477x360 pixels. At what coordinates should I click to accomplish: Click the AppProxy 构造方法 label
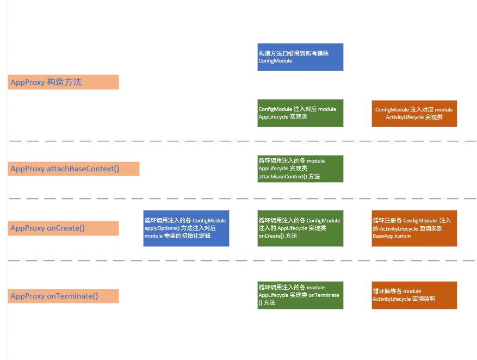pos(63,82)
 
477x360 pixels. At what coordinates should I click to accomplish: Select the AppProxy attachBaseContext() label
pos(73,169)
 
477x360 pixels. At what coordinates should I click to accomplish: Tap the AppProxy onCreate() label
pos(63,228)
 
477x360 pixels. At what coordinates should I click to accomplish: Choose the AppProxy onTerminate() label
pos(63,296)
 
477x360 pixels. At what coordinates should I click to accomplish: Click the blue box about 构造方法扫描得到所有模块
pos(300,57)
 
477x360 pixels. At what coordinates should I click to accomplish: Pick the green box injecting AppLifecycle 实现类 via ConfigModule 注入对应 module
pos(300,113)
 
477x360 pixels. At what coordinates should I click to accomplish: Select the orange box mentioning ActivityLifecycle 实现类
pos(414,114)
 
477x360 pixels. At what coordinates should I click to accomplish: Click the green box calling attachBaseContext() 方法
pos(300,169)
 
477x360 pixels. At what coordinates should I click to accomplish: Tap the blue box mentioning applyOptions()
pos(186,228)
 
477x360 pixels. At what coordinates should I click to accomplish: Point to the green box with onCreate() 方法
pos(300,228)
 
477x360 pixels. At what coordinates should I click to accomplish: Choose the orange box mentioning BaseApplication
pos(414,228)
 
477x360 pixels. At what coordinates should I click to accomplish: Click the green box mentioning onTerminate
pos(300,295)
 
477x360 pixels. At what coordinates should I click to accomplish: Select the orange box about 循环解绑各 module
pos(414,295)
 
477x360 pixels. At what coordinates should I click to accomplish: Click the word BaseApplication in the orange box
pos(392,236)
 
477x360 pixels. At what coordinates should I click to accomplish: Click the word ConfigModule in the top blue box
pos(275,61)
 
